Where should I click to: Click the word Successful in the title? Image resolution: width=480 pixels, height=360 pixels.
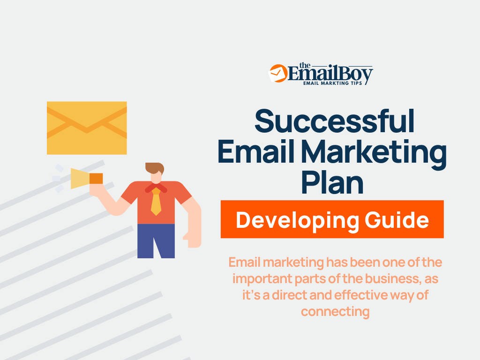(x=334, y=120)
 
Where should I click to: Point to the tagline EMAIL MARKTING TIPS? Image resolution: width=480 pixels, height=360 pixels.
(x=333, y=83)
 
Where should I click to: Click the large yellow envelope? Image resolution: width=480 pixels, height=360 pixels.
(x=87, y=127)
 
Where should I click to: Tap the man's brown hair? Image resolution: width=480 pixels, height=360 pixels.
(x=154, y=167)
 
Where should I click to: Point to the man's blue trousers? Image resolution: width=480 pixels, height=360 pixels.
(x=156, y=240)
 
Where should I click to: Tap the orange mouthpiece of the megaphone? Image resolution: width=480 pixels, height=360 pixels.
(x=96, y=178)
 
